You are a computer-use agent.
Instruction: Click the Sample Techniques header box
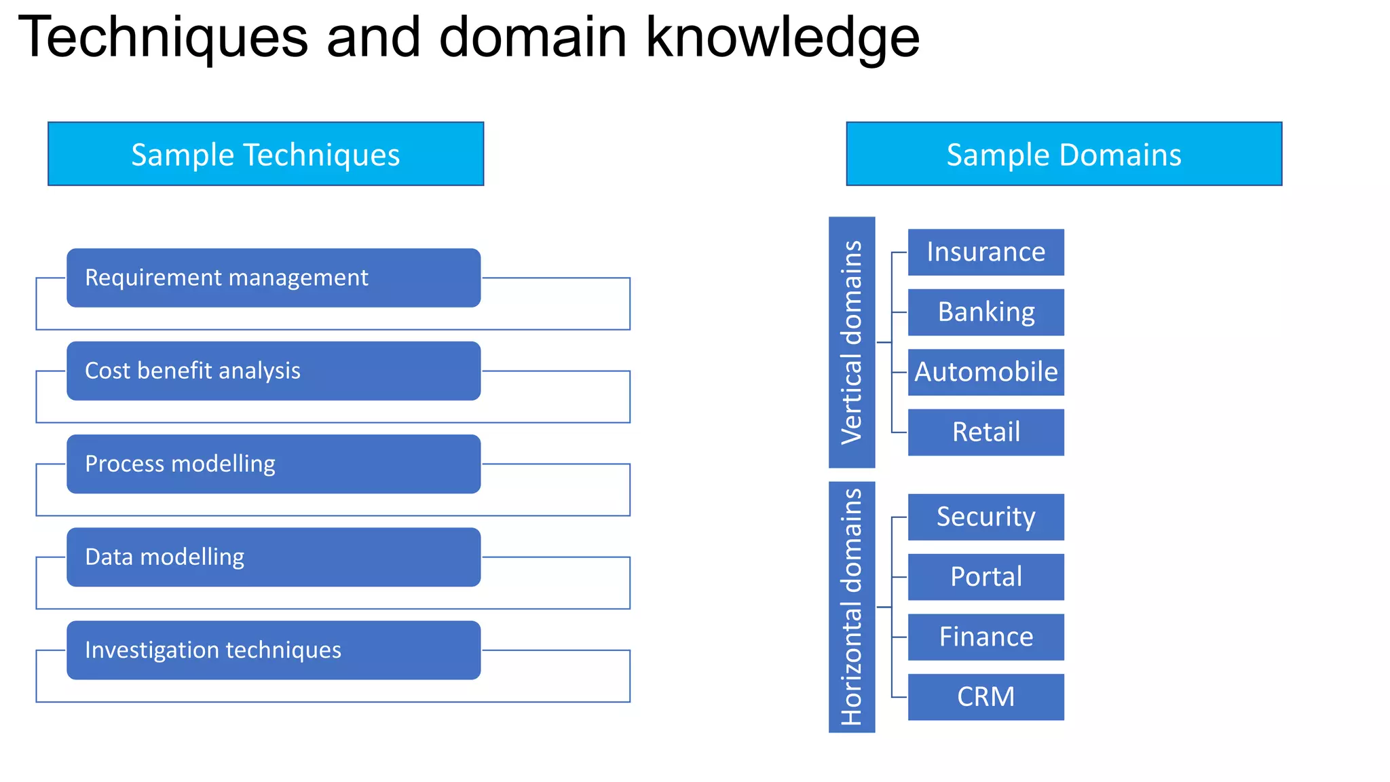(x=265, y=154)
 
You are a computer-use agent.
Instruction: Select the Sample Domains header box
(x=1064, y=154)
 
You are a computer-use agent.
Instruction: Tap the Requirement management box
(x=274, y=278)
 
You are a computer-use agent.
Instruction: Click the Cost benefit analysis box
(x=274, y=371)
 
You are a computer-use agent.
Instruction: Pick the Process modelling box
(x=274, y=464)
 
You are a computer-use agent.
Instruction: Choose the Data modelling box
(x=274, y=557)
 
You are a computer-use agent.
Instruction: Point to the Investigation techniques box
(x=274, y=650)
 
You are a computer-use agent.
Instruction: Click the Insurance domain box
(x=985, y=252)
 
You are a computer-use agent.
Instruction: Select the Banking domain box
(x=985, y=312)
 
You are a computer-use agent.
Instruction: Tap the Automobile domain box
(x=985, y=372)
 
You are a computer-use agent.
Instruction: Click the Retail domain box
(x=985, y=432)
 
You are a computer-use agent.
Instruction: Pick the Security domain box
(x=985, y=517)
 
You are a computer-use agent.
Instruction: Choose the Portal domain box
(x=985, y=577)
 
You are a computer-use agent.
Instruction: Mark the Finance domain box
(x=985, y=637)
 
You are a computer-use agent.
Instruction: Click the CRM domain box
(x=985, y=696)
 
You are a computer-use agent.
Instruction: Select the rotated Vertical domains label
(x=852, y=342)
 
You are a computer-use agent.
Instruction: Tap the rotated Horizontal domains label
(x=852, y=607)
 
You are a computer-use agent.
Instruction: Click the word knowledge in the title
(x=782, y=38)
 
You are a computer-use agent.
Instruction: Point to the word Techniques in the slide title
(x=163, y=38)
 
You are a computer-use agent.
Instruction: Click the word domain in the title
(x=533, y=38)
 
